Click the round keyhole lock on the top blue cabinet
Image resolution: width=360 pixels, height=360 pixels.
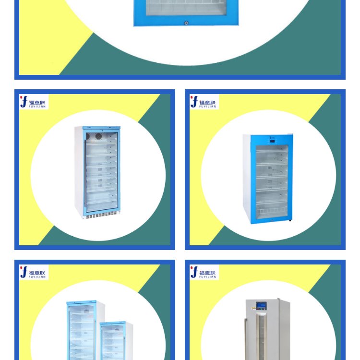186,23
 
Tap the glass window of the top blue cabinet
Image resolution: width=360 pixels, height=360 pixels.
186,8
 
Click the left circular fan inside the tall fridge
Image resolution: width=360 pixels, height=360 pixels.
88,136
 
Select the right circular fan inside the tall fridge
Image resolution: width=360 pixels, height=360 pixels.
98,136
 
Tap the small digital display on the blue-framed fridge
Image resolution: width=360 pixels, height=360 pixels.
272,141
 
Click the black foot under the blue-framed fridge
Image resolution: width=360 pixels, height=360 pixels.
290,220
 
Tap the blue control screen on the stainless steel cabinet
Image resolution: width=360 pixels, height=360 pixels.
261,305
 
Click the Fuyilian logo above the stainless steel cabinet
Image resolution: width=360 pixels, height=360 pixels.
204,272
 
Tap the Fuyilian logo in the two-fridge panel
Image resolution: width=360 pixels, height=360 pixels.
34,272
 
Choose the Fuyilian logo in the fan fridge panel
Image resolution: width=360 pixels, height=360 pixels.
34,102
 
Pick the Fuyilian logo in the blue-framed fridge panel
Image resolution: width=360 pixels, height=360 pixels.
204,102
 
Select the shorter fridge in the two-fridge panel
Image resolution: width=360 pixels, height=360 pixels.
116,341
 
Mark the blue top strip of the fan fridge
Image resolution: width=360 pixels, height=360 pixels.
101,128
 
